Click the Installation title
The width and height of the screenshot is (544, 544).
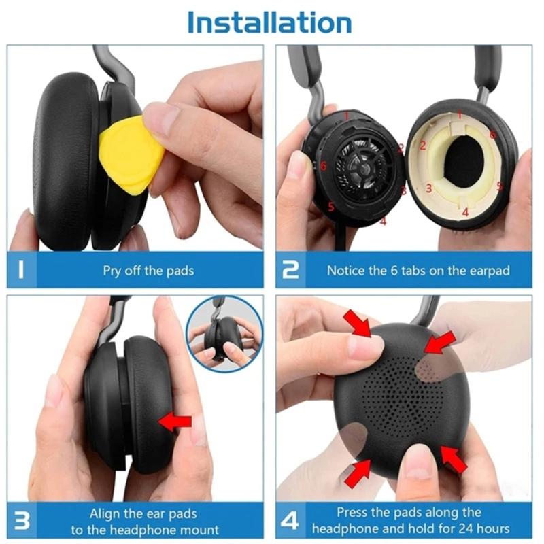pos(269,22)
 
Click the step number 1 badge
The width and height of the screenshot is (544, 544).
pos(22,270)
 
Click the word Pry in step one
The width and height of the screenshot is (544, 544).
pos(113,271)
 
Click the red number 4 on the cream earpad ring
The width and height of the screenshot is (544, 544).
pos(465,212)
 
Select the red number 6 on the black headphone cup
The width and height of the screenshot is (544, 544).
pos(324,165)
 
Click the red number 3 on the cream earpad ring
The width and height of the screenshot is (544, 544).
pos(429,188)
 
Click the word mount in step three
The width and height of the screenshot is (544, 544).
pos(201,530)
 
